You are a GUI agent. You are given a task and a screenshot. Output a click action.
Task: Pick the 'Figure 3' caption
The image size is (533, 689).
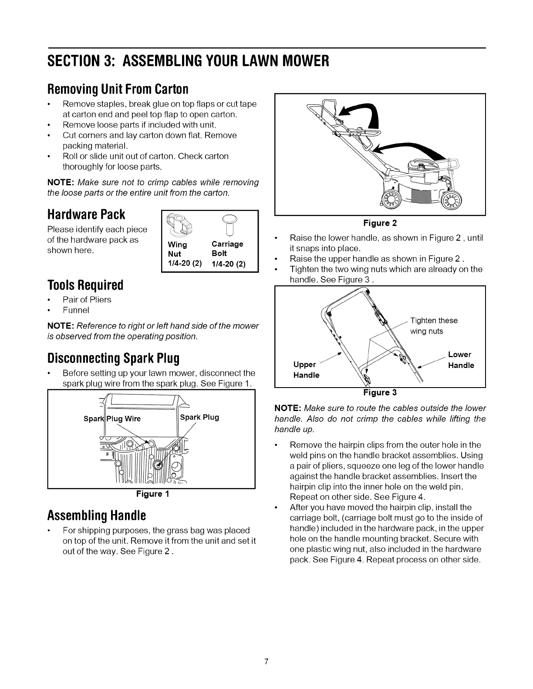click(380, 393)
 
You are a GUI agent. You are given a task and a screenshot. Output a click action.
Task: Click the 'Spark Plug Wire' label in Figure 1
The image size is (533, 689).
click(112, 419)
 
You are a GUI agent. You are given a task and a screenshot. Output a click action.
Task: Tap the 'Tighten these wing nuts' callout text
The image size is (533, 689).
click(434, 326)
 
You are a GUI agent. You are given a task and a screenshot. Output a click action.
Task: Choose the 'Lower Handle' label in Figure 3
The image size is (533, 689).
click(461, 360)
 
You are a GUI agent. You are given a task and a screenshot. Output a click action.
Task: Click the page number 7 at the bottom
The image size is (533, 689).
click(266, 662)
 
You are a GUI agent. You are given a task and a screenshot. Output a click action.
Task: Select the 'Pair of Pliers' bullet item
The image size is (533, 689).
click(87, 300)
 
